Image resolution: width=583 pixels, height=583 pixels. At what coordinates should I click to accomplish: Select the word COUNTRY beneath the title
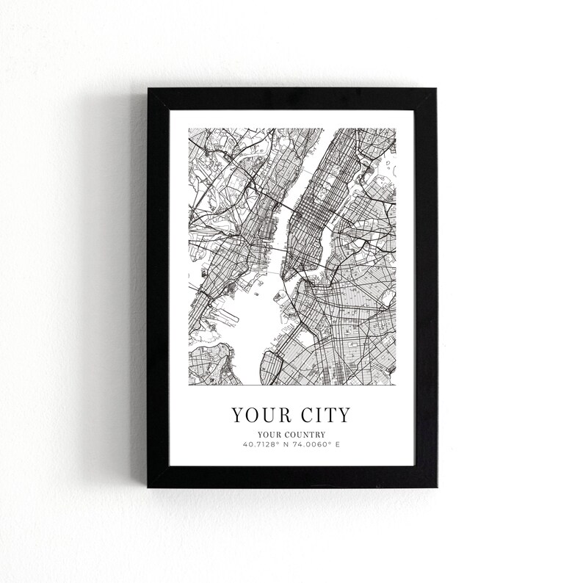point(305,435)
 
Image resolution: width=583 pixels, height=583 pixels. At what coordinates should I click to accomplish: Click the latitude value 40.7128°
point(260,444)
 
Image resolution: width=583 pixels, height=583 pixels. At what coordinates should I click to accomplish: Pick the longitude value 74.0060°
point(314,444)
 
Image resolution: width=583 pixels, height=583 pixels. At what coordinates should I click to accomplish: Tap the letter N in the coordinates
point(286,444)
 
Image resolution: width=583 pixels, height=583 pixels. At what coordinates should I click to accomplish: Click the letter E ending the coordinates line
point(338,444)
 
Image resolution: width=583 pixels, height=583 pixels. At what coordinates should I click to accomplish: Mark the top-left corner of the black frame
point(149,90)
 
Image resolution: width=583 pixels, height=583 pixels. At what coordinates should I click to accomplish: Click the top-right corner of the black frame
point(435,90)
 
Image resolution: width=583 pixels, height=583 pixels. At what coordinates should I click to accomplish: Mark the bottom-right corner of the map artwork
point(395,384)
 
